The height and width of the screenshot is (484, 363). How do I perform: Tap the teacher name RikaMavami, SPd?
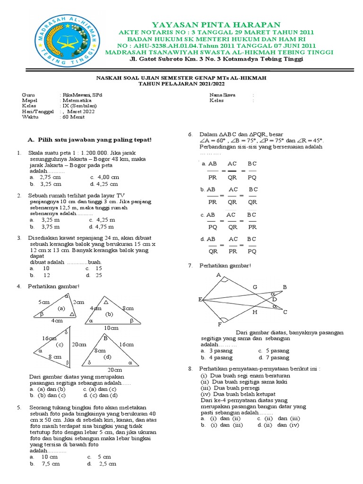point(81,95)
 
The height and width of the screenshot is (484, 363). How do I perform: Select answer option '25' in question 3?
point(99,275)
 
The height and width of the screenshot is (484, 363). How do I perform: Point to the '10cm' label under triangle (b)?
point(112,328)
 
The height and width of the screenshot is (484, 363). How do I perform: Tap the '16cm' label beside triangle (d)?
point(126,345)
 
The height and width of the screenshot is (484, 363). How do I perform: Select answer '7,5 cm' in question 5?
point(51,464)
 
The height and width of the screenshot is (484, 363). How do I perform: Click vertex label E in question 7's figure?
point(200,300)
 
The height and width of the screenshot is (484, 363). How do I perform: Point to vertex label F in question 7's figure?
point(219,325)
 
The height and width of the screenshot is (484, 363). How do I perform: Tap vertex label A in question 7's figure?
point(218,275)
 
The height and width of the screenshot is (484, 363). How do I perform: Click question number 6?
point(190,134)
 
